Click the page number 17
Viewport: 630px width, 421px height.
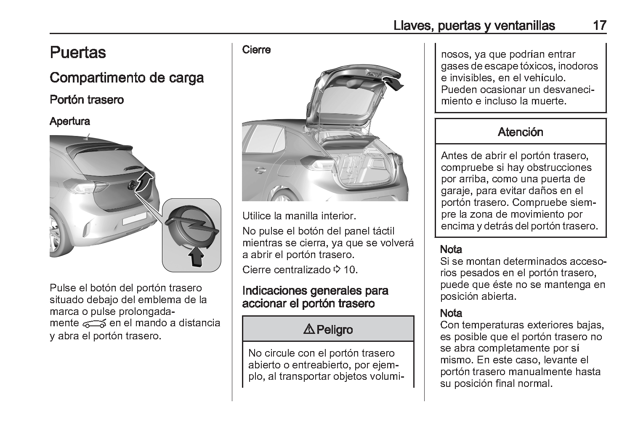[x=599, y=25]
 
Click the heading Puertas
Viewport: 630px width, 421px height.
[x=78, y=53]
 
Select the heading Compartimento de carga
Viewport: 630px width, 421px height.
[x=127, y=78]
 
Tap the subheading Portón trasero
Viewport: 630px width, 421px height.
[x=87, y=100]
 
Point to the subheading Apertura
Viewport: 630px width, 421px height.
[x=70, y=122]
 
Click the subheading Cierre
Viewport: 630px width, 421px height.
[x=256, y=50]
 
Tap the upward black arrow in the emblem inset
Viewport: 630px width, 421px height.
[x=197, y=256]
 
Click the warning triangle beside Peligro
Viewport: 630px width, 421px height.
[x=308, y=329]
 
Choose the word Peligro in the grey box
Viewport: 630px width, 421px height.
[x=335, y=330]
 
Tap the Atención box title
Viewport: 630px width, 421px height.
[x=520, y=132]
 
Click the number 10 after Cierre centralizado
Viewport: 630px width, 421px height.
[x=350, y=269]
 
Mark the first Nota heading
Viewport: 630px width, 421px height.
[x=451, y=250]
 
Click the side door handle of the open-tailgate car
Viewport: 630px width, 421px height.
[x=260, y=171]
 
